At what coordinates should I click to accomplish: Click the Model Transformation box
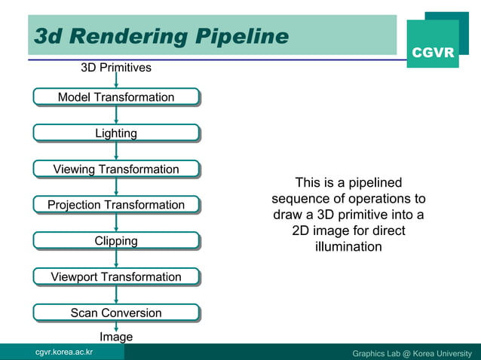tap(116, 97)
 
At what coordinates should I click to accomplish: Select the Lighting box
tap(116, 133)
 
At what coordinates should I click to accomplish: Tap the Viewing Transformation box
tap(116, 169)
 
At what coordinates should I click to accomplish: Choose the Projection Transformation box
tap(116, 205)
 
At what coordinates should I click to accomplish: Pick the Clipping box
tap(116, 241)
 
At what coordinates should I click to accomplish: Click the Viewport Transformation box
tap(116, 277)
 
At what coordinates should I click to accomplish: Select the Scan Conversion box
tap(116, 313)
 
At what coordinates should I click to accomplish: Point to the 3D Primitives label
tap(116, 68)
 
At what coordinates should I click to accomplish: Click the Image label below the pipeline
tap(116, 337)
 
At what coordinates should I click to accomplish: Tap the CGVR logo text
tap(433, 53)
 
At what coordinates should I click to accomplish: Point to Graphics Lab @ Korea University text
tap(412, 353)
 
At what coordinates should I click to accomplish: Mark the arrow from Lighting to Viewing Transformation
tap(116, 151)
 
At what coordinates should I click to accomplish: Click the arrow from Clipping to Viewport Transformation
tap(116, 259)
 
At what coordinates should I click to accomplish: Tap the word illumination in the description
tap(348, 246)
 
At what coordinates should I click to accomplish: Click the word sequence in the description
tap(299, 199)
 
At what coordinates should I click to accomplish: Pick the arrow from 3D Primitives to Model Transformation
tap(116, 81)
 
